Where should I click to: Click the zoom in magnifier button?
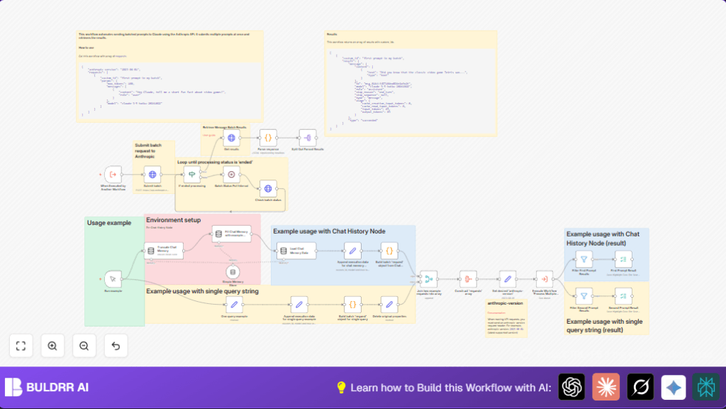[x=52, y=346]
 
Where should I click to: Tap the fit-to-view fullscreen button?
[x=21, y=346]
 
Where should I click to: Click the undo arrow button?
[x=116, y=346]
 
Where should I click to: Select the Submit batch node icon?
[x=152, y=174]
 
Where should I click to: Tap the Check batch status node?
[x=268, y=188]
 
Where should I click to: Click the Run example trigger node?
[x=113, y=279]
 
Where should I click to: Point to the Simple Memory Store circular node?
[x=231, y=272]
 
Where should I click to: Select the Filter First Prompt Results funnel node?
[x=583, y=260]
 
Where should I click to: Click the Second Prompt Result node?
[x=623, y=295]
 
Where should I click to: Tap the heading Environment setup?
[x=173, y=220]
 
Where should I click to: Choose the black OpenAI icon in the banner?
[x=571, y=387]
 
